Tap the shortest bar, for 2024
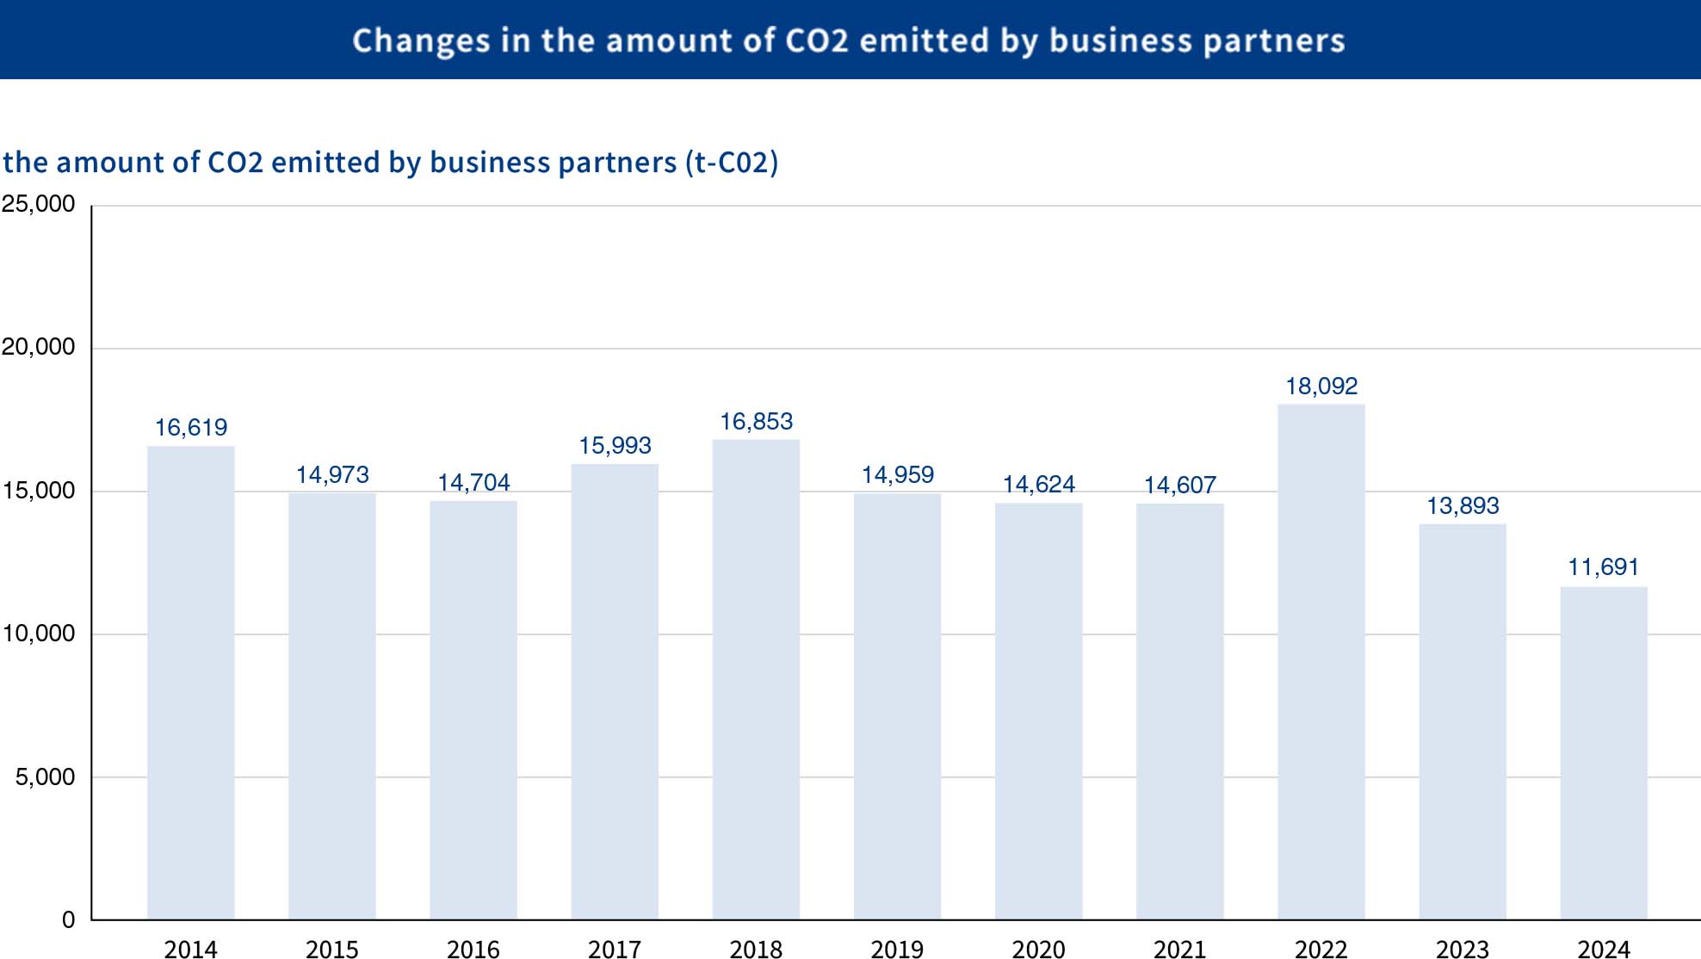1603,752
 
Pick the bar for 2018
756,679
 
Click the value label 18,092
1321,387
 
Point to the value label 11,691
1603,567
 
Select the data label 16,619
190,428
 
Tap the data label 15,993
615,446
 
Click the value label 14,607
1179,486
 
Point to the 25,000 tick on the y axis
39,204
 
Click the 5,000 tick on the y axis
45,777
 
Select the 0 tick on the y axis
68,920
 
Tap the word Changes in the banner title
421,41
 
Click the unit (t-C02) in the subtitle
732,163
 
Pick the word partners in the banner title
1273,41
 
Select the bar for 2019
897,706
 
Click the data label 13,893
1462,506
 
